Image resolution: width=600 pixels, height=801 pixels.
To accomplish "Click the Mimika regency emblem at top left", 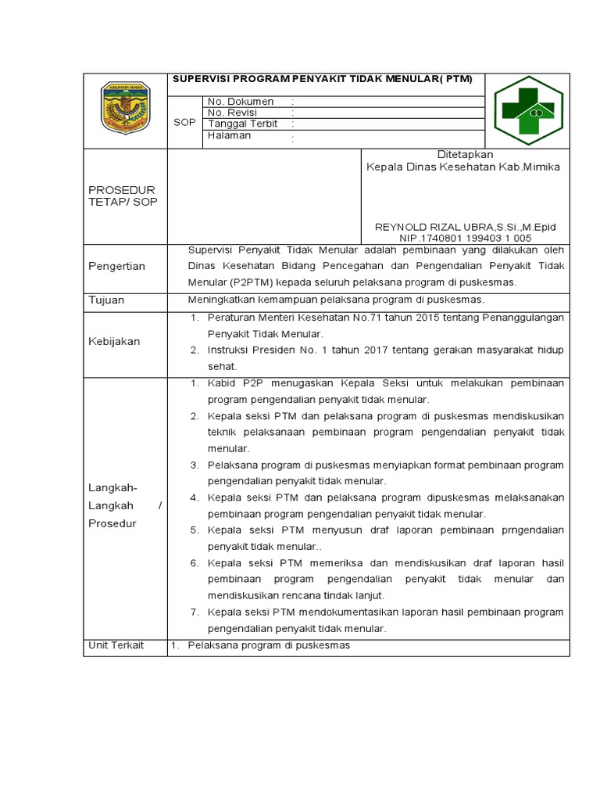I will (125, 110).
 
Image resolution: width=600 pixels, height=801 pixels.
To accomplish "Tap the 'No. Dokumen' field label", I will (241, 102).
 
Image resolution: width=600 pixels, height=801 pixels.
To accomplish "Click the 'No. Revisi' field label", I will (232, 113).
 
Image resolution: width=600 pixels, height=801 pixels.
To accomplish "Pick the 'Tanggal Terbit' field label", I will (243, 124).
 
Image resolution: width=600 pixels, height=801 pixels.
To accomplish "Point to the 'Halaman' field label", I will (230, 135).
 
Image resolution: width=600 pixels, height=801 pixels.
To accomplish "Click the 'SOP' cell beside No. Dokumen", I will (185, 123).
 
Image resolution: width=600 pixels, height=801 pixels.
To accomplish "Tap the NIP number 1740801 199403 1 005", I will (466, 238).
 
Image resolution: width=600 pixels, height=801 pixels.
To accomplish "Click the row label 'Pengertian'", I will (116, 266).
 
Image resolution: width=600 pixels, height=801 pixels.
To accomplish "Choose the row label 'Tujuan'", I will (106, 300).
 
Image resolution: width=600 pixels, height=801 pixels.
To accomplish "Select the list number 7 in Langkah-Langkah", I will (195, 612).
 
